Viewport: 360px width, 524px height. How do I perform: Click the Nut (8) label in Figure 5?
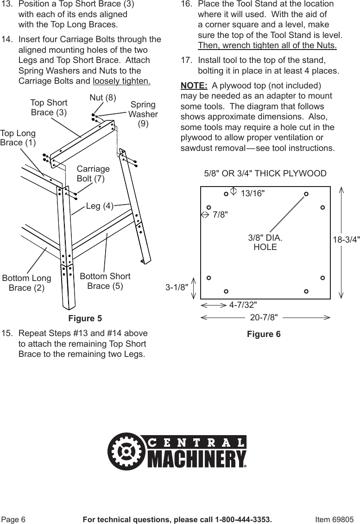pyautogui.click(x=102, y=97)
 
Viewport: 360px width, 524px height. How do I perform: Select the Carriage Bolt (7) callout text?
pyautogui.click(x=93, y=174)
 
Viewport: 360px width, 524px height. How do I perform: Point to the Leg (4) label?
pyautogui.click(x=100, y=206)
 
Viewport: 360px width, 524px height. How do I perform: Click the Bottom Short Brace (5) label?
pyautogui.click(x=105, y=281)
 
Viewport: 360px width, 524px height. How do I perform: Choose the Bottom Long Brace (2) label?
pyautogui.click(x=26, y=283)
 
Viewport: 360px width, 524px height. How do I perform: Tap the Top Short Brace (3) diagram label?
pyautogui.click(x=49, y=107)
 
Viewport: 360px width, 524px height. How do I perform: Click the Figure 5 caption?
pyautogui.click(x=85, y=318)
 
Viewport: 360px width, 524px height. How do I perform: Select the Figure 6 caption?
pyautogui.click(x=264, y=334)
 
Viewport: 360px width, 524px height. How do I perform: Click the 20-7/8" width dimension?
pyautogui.click(x=264, y=317)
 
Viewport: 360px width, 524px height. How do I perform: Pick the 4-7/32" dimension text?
pyautogui.click(x=243, y=305)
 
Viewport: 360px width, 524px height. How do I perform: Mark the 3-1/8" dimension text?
pyautogui.click(x=177, y=287)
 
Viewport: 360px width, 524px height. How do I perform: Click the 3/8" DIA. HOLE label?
pyautogui.click(x=265, y=242)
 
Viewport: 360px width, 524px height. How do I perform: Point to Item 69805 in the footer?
pyautogui.click(x=334, y=519)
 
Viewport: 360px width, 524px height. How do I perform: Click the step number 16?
pyautogui.click(x=186, y=4)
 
